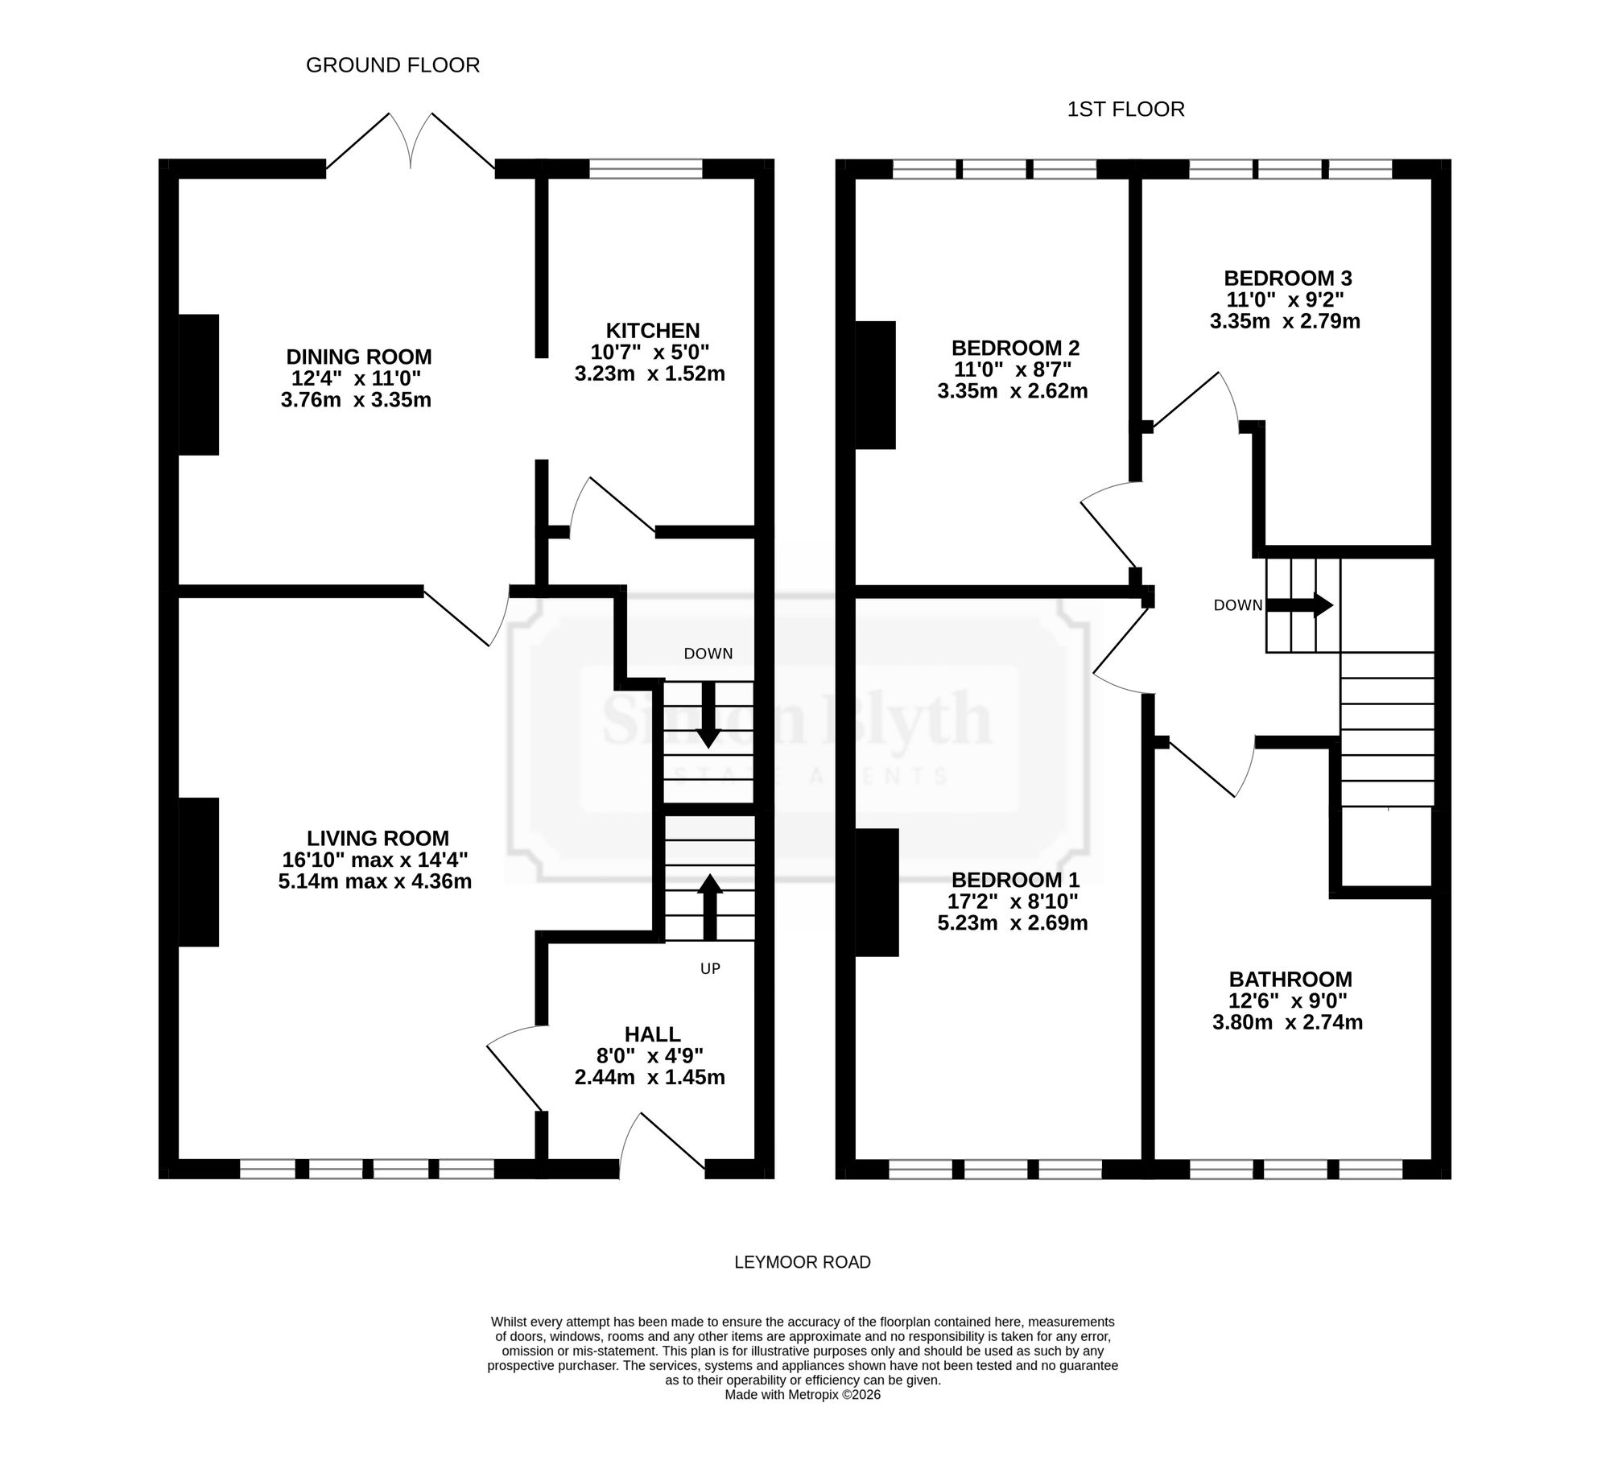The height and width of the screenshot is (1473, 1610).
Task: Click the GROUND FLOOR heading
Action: (393, 65)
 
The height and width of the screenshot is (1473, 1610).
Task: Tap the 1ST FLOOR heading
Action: (1125, 109)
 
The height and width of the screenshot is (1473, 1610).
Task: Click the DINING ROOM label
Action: (359, 357)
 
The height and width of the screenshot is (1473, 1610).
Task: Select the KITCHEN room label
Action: (653, 331)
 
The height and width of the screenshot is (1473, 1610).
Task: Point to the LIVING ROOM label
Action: (378, 838)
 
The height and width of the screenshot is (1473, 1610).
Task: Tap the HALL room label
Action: (653, 1034)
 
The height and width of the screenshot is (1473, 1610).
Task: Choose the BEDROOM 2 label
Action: (1015, 349)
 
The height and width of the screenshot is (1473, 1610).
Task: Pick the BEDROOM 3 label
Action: (1288, 279)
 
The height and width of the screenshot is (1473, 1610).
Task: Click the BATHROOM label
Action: (1290, 980)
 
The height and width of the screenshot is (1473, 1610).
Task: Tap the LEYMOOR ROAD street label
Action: (803, 1262)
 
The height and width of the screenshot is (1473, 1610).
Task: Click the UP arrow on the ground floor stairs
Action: (709, 907)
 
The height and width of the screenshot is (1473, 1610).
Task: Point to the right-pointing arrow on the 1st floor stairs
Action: (1300, 605)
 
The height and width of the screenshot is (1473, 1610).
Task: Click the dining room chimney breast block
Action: (199, 385)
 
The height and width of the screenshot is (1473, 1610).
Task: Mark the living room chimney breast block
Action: (199, 872)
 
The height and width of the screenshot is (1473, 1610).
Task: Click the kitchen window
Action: (646, 168)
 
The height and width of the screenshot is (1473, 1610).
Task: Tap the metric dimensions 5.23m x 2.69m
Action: (1013, 923)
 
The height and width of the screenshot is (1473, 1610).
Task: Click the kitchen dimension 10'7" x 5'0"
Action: (650, 353)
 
